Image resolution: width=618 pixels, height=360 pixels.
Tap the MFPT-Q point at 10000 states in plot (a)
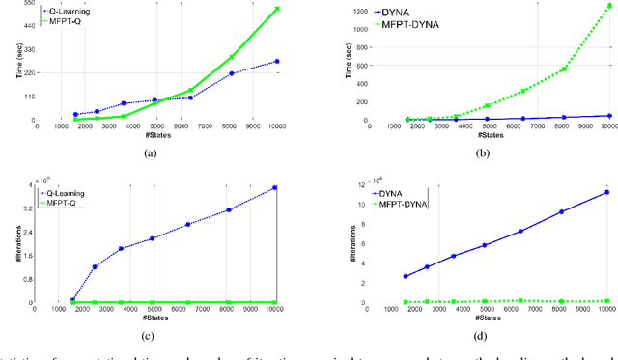[x=277, y=9]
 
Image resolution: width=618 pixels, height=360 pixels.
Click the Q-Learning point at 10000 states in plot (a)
[x=277, y=61]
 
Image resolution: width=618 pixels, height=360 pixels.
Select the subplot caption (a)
[x=149, y=152]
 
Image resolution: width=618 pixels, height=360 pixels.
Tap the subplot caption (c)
[x=149, y=336]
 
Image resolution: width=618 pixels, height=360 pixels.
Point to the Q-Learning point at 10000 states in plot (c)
[x=276, y=187]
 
